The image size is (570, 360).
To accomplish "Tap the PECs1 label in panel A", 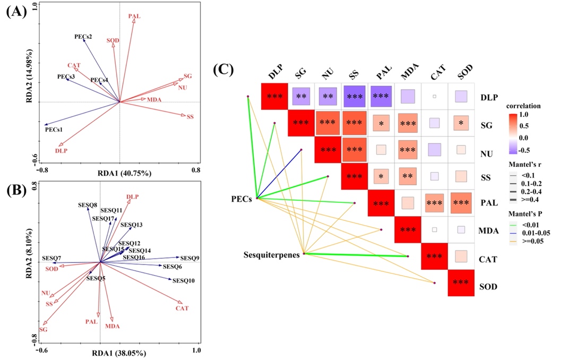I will (x=54, y=129).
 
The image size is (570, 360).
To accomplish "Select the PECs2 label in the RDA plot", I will (x=83, y=37).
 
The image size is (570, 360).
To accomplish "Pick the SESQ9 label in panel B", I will (x=189, y=258).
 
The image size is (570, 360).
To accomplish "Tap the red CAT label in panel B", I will (x=182, y=308).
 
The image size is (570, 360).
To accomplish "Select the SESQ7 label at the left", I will (x=52, y=258).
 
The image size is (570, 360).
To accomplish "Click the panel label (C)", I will (x=223, y=70).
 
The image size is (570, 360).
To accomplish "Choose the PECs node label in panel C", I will (x=242, y=198).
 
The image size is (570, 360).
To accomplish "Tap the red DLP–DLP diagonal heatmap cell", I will (x=274, y=96).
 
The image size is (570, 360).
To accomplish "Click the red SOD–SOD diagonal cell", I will (x=461, y=282).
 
